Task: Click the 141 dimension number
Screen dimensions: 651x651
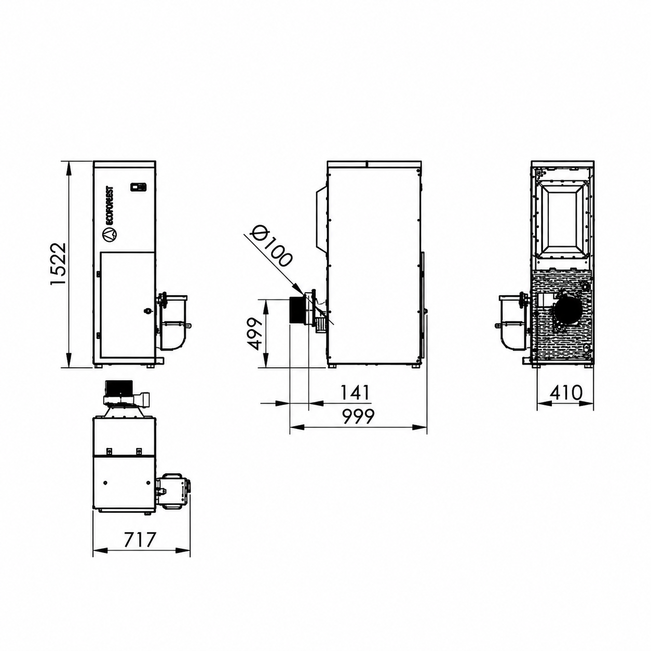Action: tap(355, 392)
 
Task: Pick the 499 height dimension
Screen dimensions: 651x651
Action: tap(254, 333)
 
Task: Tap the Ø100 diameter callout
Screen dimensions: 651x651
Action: tap(271, 246)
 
